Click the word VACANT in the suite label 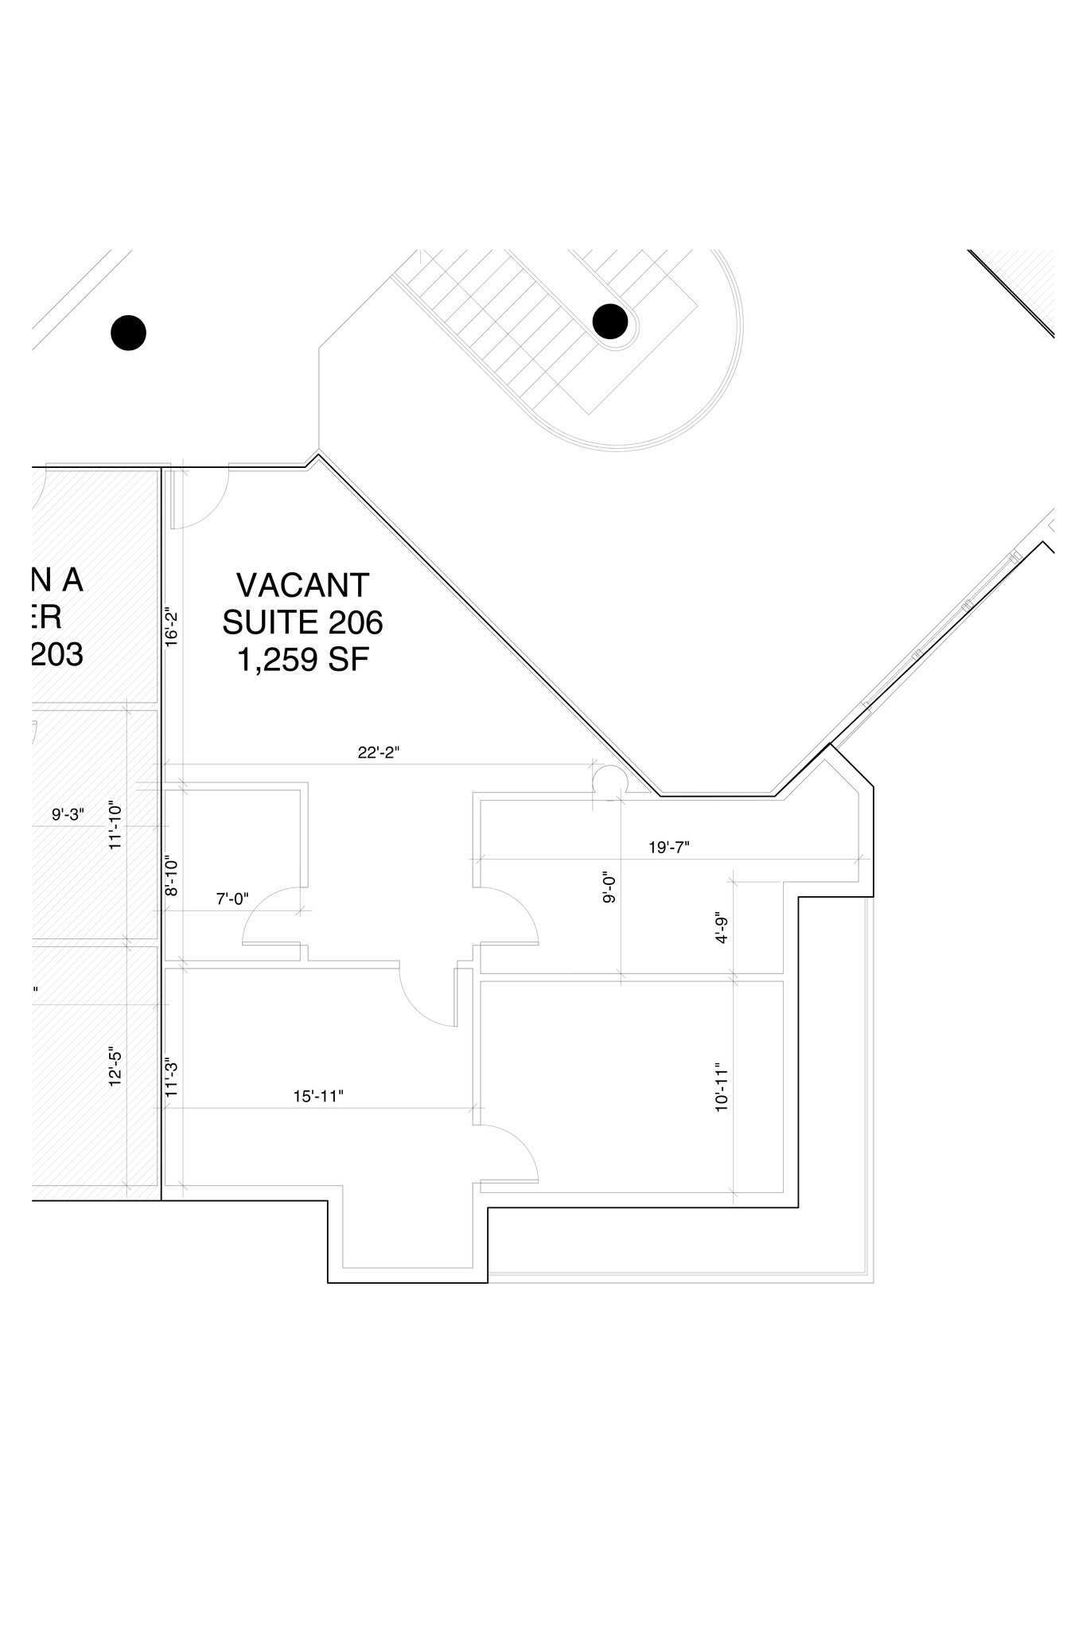[x=303, y=586]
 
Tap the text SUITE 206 [x=302, y=622]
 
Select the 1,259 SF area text [x=303, y=659]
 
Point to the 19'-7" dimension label [x=668, y=848]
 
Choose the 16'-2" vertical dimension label [x=170, y=628]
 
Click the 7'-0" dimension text [x=232, y=899]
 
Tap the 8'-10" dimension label [x=170, y=877]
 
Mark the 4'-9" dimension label [x=722, y=927]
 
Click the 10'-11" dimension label [x=722, y=1086]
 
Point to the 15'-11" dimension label [x=318, y=1096]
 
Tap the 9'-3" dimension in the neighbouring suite [x=68, y=814]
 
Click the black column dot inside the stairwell [x=610, y=322]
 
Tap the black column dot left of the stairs [x=128, y=332]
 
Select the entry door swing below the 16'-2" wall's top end [x=199, y=500]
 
